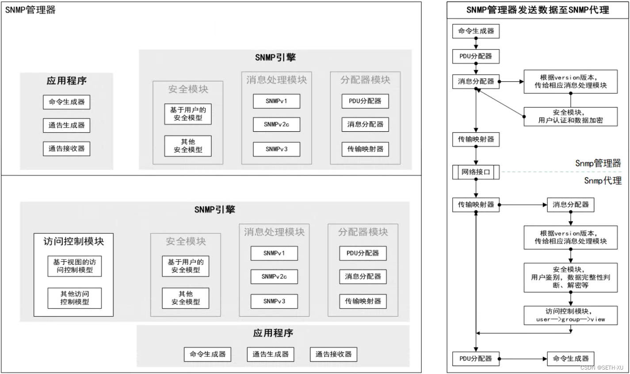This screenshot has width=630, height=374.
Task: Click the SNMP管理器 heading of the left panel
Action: (31, 10)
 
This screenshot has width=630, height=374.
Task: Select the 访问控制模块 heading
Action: (74, 241)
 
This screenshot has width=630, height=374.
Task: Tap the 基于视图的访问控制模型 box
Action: (74, 266)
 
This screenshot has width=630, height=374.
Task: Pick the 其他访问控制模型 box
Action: (74, 298)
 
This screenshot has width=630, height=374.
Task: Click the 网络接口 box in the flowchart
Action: (476, 172)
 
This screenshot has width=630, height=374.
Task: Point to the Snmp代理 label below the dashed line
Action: (602, 180)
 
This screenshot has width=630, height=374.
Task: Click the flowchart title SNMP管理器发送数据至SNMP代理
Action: (538, 10)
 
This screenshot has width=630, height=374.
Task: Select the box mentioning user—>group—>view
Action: (570, 315)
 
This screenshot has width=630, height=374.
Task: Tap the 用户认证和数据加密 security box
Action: (570, 116)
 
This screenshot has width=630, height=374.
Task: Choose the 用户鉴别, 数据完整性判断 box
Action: (570, 277)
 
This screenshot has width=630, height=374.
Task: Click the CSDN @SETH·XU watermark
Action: (601, 367)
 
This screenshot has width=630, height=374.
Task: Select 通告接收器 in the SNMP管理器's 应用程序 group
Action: (66, 149)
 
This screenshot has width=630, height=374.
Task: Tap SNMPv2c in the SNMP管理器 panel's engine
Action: (276, 124)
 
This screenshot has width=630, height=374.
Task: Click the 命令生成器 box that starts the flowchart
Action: (476, 31)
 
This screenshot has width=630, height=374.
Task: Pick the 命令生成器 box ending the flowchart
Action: (570, 359)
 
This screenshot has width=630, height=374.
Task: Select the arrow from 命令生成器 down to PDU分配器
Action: (476, 44)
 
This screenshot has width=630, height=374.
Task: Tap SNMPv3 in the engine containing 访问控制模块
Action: (274, 301)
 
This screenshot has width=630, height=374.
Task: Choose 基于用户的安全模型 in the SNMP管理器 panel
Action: (188, 114)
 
